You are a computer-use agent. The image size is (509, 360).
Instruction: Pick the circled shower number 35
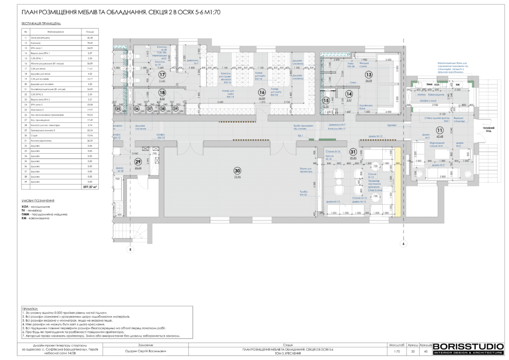118,108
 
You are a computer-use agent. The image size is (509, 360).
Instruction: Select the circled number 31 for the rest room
353,152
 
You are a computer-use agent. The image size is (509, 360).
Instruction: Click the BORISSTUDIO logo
468,349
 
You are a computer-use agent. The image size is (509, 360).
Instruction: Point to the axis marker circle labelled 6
403,244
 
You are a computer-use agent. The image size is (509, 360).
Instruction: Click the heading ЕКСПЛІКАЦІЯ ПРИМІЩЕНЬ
42,23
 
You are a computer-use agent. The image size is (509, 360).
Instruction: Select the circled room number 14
349,93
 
